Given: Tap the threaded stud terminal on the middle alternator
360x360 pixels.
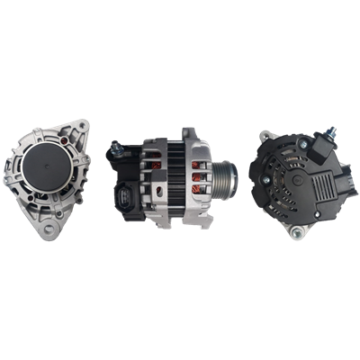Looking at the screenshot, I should [x=117, y=143].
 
